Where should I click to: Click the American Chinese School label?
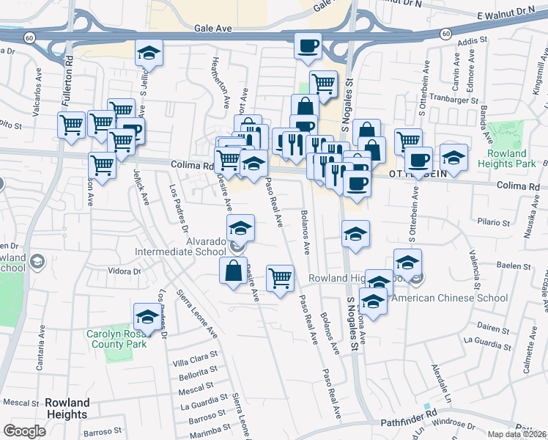pyautogui.click(x=450, y=298)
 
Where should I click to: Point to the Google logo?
pyautogui.click(x=24, y=431)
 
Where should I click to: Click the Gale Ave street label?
pyautogui.click(x=213, y=29)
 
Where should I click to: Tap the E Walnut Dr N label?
pyautogui.click(x=506, y=15)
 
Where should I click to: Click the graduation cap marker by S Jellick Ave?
pyautogui.click(x=149, y=54)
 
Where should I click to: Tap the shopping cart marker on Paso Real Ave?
pyautogui.click(x=280, y=278)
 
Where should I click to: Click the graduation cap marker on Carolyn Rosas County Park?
pyautogui.click(x=147, y=317)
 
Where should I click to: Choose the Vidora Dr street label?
pyautogui.click(x=124, y=271)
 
